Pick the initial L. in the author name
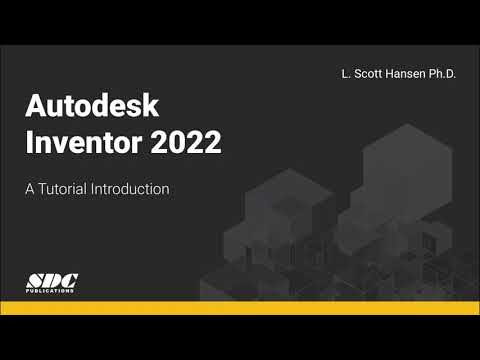click(x=344, y=74)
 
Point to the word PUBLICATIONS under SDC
click(x=52, y=291)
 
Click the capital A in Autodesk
click(x=35, y=107)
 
